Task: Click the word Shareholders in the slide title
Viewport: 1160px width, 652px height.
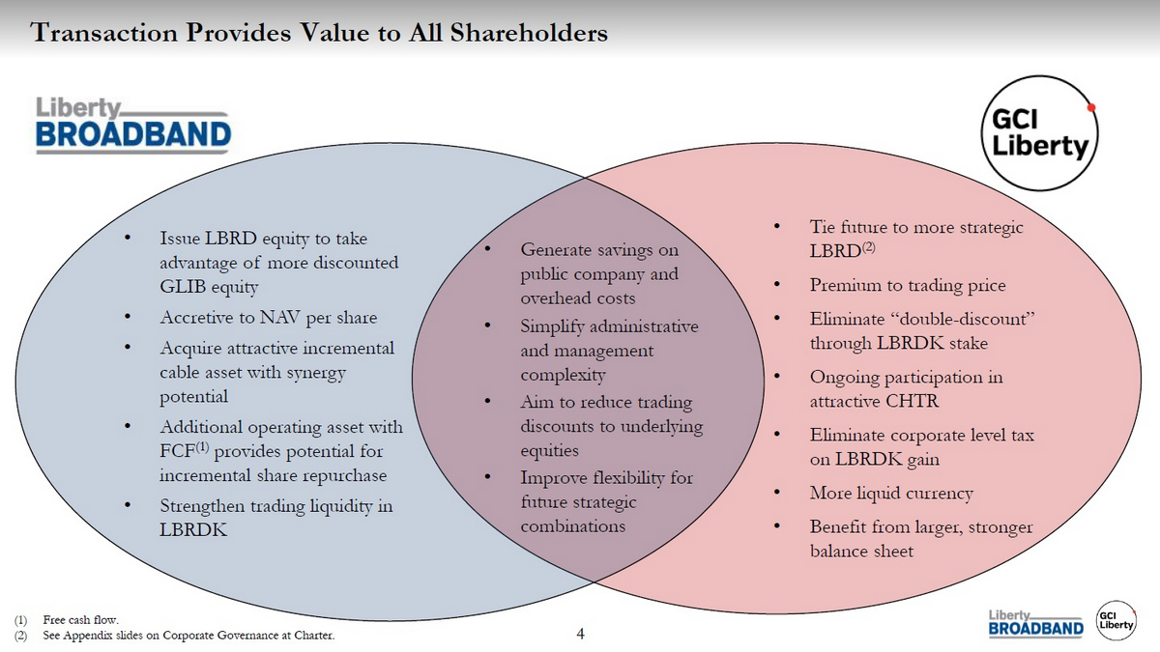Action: [529, 33]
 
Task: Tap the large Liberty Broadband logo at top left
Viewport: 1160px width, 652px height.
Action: [133, 126]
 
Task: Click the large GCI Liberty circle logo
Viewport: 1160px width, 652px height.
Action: [1039, 133]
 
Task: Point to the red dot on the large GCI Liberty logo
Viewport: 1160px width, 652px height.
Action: [1091, 107]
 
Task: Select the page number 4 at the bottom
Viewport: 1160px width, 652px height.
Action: [580, 634]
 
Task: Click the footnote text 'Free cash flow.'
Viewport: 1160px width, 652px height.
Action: [81, 619]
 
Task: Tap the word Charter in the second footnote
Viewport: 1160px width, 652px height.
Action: [314, 635]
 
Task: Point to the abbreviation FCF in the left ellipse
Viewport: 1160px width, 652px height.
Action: [177, 451]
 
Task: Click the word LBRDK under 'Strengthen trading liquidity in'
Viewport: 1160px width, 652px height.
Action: [193, 530]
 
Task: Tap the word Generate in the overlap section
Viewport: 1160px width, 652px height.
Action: [556, 250]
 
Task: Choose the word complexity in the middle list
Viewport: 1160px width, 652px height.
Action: [563, 375]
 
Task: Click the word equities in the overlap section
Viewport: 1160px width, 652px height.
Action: [549, 451]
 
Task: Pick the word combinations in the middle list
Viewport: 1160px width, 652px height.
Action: [572, 526]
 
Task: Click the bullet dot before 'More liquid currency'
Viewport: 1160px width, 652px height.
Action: [776, 492]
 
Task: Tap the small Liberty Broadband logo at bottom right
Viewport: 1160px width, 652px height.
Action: [1035, 624]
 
